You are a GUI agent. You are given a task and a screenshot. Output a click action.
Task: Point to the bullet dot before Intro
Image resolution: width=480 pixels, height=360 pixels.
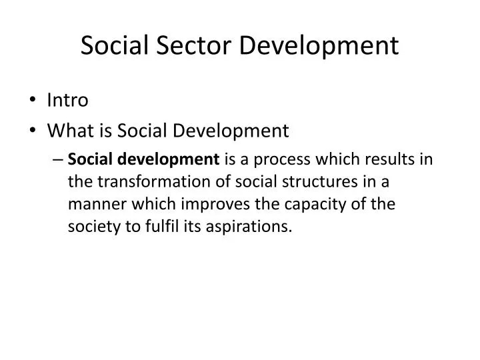(x=33, y=101)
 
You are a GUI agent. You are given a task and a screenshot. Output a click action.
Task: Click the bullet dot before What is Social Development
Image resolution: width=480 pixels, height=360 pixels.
(x=33, y=130)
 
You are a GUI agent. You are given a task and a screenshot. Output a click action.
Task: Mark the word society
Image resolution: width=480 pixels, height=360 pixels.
(x=93, y=227)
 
